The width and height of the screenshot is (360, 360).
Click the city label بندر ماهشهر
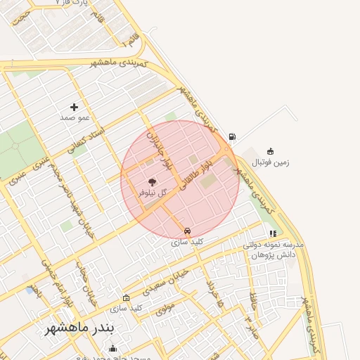84,328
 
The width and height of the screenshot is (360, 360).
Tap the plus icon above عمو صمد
74,107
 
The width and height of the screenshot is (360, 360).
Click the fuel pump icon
232,136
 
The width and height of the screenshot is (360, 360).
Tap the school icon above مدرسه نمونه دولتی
273,233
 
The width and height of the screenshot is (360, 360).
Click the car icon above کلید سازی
186,231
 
